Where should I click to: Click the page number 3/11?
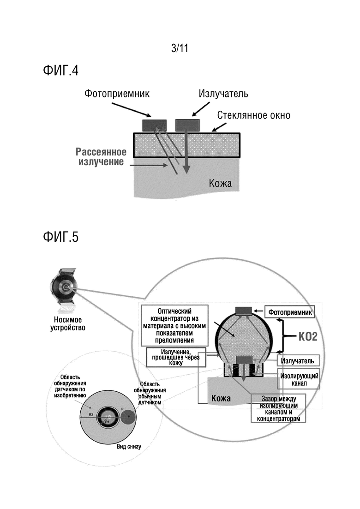click(x=180, y=48)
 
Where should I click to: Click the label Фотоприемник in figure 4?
click(x=117, y=94)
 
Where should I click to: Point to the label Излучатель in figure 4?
click(x=223, y=94)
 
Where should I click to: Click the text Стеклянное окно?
click(x=254, y=115)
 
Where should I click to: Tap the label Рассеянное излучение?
click(x=101, y=157)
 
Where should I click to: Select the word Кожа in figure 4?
click(x=220, y=184)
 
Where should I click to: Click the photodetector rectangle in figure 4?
click(x=155, y=126)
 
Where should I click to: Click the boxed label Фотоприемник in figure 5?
click(x=289, y=312)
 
